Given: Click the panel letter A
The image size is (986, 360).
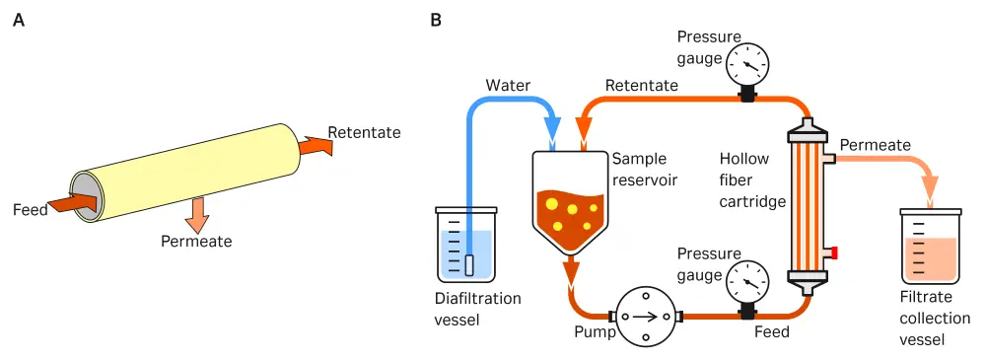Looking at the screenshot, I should pos(18,19).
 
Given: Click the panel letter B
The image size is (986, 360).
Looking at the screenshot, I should pos(437,19).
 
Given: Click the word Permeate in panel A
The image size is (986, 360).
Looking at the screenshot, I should pos(197,241).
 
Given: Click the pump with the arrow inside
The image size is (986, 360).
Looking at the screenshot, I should pos(644,317).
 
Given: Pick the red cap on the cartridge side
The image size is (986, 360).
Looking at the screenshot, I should pos(833,253).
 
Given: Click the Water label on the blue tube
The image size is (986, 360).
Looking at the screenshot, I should pos(507,86).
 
